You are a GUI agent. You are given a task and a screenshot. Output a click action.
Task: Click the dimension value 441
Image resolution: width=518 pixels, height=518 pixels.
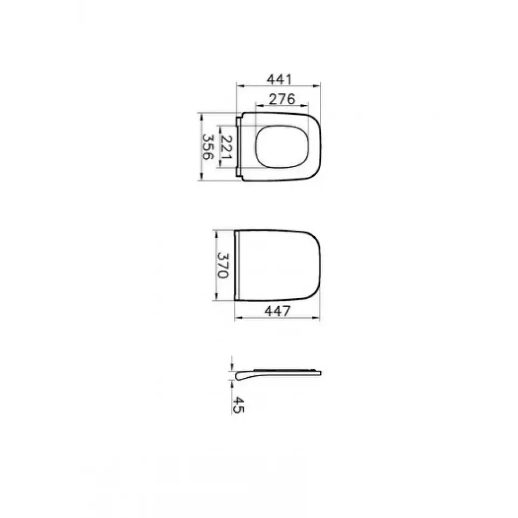click(279, 80)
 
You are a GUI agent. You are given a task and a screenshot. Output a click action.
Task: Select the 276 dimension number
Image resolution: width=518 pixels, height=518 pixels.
click(282, 99)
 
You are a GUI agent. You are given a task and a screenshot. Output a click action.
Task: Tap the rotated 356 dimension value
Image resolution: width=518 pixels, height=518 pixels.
click(208, 147)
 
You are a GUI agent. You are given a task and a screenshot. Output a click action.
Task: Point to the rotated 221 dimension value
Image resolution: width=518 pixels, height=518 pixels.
click(226, 147)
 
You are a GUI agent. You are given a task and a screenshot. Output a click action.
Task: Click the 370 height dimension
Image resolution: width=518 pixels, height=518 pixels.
click(223, 266)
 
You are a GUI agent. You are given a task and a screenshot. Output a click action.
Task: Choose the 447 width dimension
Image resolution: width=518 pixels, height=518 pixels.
click(278, 311)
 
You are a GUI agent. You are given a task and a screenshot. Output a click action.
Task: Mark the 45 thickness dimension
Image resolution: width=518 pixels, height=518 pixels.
click(238, 405)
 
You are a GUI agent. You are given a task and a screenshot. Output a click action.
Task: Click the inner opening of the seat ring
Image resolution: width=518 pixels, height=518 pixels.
click(282, 147)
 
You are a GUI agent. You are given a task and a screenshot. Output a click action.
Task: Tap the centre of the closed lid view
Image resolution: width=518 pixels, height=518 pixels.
click(278, 265)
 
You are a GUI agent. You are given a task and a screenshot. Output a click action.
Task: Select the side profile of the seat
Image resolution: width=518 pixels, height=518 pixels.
click(278, 374)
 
